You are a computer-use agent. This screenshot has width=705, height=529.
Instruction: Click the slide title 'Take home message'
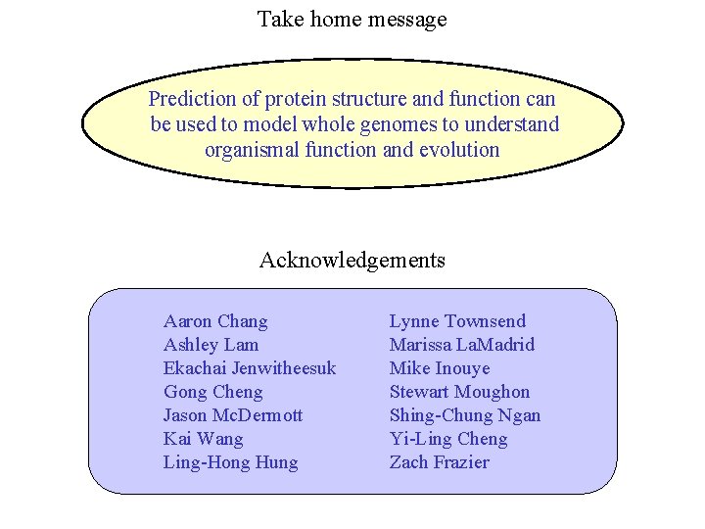tap(352, 19)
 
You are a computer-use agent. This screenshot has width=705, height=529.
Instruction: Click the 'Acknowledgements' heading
tap(352, 260)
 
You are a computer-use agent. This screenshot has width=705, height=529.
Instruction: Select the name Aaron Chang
tap(215, 321)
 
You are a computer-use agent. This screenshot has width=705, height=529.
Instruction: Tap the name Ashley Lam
tap(211, 345)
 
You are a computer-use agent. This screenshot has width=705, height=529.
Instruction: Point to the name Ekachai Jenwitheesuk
tap(250, 368)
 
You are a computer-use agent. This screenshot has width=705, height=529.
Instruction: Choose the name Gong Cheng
tap(213, 392)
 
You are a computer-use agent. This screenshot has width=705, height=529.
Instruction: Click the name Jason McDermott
tap(233, 415)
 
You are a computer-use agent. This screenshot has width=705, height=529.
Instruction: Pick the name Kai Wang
tap(203, 439)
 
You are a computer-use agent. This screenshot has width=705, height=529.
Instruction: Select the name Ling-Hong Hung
tap(231, 462)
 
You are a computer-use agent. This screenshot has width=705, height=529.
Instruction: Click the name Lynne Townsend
tap(457, 321)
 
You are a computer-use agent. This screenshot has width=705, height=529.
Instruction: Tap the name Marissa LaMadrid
tap(462, 345)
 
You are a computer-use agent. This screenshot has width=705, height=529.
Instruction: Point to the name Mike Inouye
tap(440, 368)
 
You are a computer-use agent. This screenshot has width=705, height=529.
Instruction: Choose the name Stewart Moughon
tap(459, 392)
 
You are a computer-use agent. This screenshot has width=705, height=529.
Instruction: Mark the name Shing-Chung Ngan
tap(465, 415)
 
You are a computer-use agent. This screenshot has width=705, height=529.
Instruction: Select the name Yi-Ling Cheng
tap(448, 439)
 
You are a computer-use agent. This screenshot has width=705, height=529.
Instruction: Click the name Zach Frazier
tap(439, 462)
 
